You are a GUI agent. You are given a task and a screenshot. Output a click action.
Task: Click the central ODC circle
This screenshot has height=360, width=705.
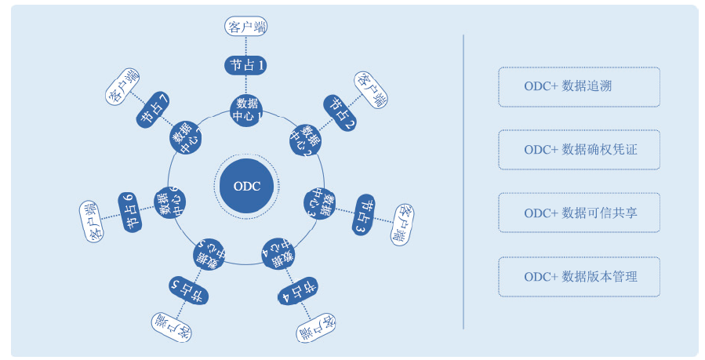246,186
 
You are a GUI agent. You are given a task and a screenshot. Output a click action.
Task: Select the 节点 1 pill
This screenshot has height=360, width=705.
245,65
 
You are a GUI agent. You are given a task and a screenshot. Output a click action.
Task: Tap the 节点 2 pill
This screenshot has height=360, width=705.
340,113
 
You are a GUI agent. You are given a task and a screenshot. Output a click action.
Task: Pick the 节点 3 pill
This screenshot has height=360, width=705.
364,215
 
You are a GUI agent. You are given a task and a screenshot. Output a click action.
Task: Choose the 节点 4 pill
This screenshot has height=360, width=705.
298,291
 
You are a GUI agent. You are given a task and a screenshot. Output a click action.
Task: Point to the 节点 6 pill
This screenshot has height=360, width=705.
130,212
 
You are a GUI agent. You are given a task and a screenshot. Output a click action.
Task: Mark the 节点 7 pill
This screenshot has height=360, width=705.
153,110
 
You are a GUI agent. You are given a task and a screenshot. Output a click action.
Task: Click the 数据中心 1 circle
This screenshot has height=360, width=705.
246,110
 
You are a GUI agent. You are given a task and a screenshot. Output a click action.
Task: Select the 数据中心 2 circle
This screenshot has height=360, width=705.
306,140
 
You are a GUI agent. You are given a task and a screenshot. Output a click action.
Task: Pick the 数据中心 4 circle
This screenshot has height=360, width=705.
278,254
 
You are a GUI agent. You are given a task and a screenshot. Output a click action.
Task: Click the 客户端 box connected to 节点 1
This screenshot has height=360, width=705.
246,26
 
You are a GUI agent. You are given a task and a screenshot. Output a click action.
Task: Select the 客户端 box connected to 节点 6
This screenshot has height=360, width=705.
92,222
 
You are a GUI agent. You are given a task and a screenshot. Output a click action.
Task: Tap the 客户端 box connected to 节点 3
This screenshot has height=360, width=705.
402,224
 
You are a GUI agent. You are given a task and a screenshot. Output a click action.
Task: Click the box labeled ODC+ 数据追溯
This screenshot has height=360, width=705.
579,87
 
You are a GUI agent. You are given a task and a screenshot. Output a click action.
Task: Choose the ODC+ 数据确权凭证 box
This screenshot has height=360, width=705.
579,150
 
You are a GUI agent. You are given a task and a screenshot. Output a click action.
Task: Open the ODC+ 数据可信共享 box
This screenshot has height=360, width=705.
579,213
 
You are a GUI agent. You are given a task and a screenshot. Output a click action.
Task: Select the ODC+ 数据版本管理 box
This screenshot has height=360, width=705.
579,276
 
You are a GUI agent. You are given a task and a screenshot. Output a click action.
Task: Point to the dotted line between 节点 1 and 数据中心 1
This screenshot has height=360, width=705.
246,85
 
